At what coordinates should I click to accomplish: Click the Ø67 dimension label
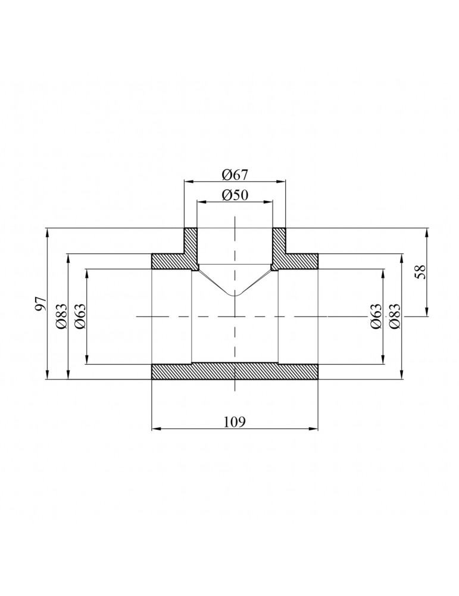point(235,174)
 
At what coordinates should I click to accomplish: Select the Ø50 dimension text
point(235,195)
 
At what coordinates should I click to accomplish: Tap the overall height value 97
point(40,303)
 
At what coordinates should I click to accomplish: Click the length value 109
point(235,421)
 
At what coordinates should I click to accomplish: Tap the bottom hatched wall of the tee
point(235,371)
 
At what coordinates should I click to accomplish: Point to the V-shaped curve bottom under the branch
point(235,295)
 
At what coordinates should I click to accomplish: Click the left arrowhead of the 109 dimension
point(155,428)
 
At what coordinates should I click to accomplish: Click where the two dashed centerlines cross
point(235,316)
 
